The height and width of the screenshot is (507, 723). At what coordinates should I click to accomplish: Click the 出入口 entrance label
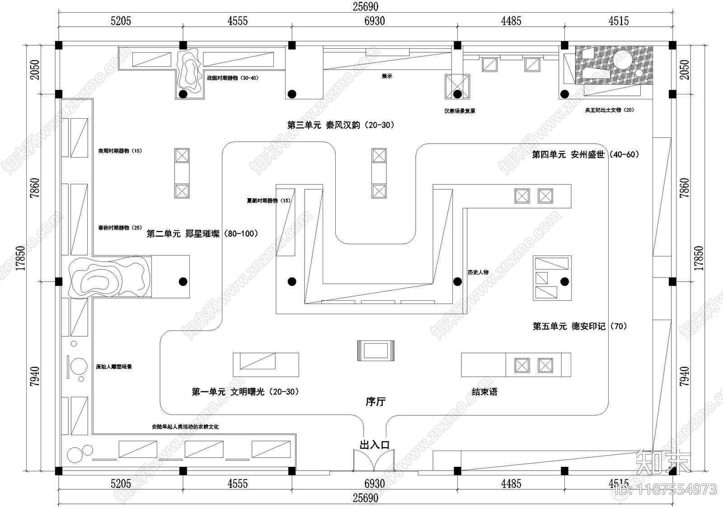[375, 445]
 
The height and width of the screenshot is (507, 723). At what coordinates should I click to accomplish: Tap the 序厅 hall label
[376, 401]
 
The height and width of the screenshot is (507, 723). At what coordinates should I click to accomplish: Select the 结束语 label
[484, 392]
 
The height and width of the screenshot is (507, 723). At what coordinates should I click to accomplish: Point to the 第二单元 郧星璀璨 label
[202, 234]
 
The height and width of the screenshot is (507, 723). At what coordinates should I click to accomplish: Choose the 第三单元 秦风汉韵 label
[341, 125]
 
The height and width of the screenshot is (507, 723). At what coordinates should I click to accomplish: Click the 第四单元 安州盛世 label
[586, 154]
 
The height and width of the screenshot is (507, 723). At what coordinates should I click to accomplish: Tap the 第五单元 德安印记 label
[580, 326]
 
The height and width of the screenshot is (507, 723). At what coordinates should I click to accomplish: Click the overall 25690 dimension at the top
[366, 6]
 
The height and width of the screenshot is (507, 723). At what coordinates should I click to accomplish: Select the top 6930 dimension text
[375, 21]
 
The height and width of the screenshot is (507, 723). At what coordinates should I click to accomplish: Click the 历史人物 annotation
[478, 272]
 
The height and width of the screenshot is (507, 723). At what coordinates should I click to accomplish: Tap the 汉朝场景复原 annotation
[460, 111]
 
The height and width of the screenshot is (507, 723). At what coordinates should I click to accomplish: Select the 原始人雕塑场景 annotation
[114, 367]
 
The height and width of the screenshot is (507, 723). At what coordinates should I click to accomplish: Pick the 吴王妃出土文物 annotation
[609, 110]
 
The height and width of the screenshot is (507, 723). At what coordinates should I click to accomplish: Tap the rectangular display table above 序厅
[376, 350]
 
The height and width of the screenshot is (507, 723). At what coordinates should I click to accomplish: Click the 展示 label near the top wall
[387, 76]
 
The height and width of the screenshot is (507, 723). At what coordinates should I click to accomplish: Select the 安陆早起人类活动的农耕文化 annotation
[185, 427]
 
